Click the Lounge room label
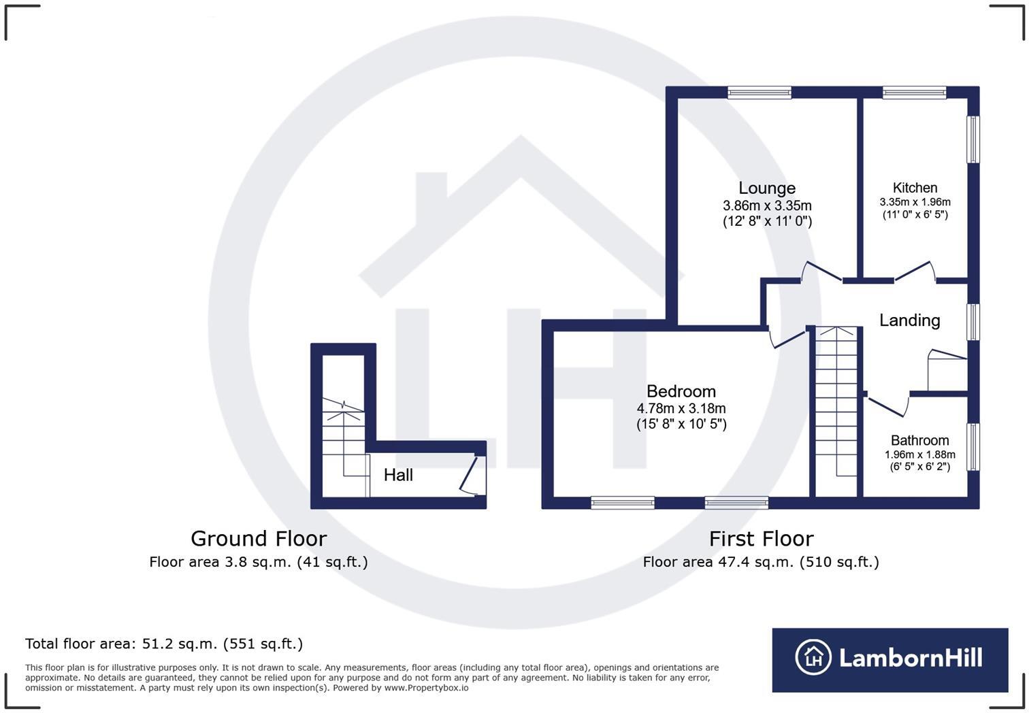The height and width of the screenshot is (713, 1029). pyautogui.click(x=767, y=188)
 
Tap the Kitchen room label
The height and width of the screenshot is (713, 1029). pyautogui.click(x=915, y=188)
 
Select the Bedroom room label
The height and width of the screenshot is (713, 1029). pyautogui.click(x=681, y=391)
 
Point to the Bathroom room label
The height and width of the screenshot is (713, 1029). pyautogui.click(x=919, y=440)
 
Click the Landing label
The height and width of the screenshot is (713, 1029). pyautogui.click(x=909, y=320)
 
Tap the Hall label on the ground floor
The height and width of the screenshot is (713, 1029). pyautogui.click(x=398, y=475)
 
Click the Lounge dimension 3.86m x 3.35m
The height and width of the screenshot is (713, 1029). pyautogui.click(x=767, y=205)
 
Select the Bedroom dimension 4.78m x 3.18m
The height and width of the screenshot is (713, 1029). pyautogui.click(x=681, y=409)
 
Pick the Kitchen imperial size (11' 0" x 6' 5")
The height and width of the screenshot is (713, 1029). pyautogui.click(x=915, y=215)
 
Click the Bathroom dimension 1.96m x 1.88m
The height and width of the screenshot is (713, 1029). pyautogui.click(x=919, y=454)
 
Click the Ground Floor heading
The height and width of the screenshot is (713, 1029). pyautogui.click(x=259, y=539)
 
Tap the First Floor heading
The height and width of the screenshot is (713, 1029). pyautogui.click(x=761, y=539)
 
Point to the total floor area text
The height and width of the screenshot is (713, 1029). pyautogui.click(x=164, y=644)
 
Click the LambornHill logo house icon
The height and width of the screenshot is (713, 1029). pyautogui.click(x=813, y=658)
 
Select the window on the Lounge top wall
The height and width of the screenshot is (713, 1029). pyautogui.click(x=759, y=93)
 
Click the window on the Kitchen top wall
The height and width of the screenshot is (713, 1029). pyautogui.click(x=914, y=93)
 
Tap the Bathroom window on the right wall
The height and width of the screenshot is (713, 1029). pyautogui.click(x=973, y=447)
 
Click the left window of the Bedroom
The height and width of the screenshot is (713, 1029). pyautogui.click(x=622, y=503)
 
